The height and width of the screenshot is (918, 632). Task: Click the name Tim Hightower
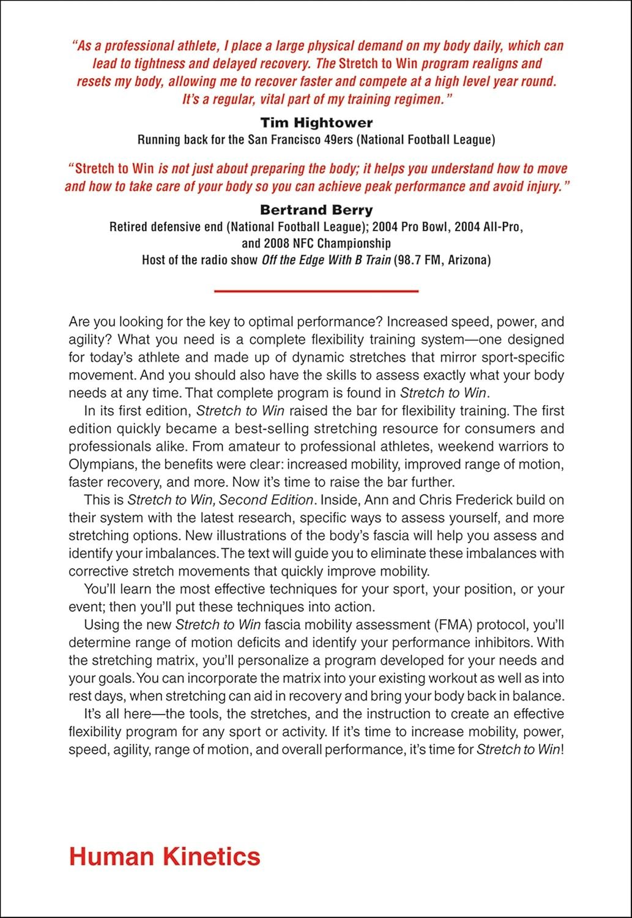[316, 122]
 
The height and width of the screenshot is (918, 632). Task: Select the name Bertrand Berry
[316, 210]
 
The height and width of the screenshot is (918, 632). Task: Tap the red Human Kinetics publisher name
[165, 856]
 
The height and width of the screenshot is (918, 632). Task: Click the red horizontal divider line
[316, 291]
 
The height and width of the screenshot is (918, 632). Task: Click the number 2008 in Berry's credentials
[278, 243]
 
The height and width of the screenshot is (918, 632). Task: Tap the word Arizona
[469, 259]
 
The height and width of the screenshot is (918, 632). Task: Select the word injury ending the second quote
[543, 186]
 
